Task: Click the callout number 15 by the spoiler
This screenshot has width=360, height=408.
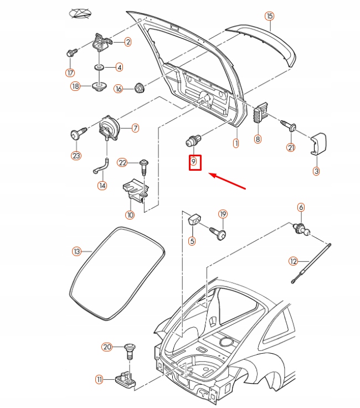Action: tap(269, 16)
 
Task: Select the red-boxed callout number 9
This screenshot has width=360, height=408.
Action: tap(194, 162)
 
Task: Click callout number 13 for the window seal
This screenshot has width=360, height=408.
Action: tap(77, 252)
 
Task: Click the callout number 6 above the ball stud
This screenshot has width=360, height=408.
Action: tap(301, 207)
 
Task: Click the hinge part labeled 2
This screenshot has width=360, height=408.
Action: tap(101, 42)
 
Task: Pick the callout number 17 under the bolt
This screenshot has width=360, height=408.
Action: tap(70, 73)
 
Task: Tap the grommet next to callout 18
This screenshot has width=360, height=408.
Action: tap(100, 86)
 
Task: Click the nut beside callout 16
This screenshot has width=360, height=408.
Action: tap(138, 88)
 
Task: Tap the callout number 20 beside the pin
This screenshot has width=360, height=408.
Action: tap(107, 347)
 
